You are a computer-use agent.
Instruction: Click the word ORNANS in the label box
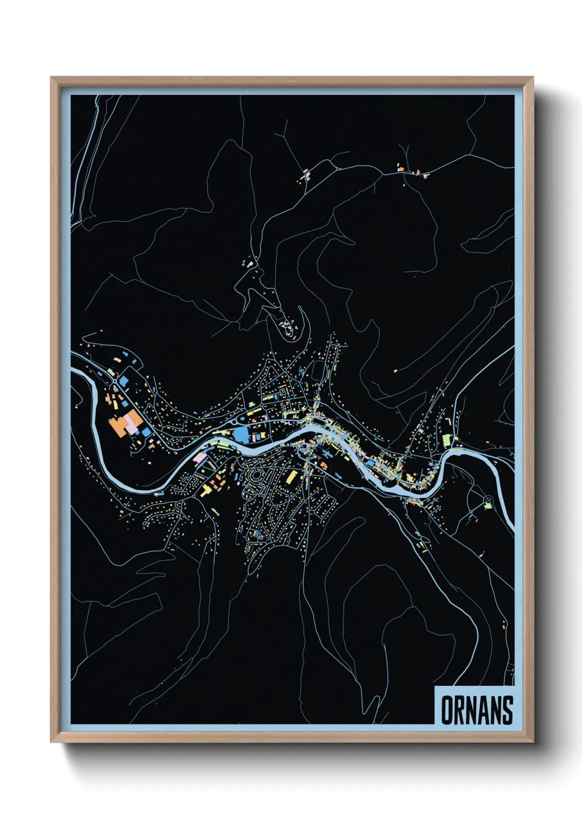pos(476,710)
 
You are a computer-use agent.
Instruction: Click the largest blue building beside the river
pos(241,435)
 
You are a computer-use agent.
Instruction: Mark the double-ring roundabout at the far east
pos(488,500)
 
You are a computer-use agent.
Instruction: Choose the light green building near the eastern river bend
pos(447,441)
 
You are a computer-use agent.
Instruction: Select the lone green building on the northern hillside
pos(395,371)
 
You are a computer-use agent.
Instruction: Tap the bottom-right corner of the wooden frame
pos(532,741)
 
